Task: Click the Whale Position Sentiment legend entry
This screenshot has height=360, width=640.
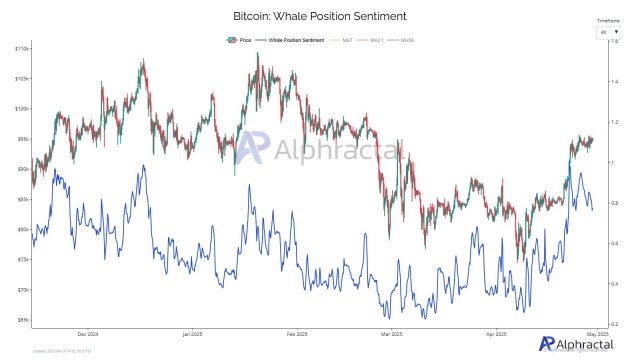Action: tap(296, 39)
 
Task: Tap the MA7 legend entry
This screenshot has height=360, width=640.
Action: tap(348, 39)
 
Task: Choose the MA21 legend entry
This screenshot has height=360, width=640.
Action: tap(377, 39)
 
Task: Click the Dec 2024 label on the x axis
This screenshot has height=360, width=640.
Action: tap(86, 333)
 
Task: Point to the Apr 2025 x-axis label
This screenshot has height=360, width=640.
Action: tap(497, 333)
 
